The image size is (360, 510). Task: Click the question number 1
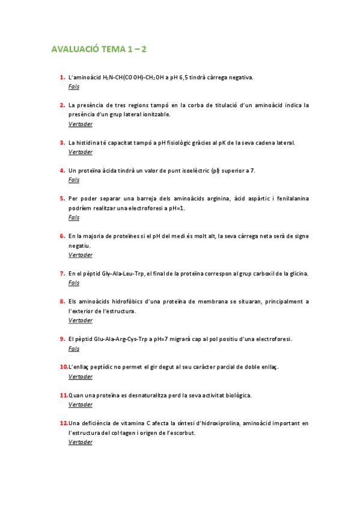(x=63, y=77)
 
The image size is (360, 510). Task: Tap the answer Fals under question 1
(x=74, y=87)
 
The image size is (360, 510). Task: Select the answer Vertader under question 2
(x=81, y=124)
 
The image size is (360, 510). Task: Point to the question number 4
(x=63, y=170)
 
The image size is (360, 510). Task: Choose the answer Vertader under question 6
(x=81, y=255)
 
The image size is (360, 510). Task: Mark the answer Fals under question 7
(x=74, y=283)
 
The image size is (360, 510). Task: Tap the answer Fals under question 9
(x=74, y=349)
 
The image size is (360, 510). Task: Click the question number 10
(x=63, y=367)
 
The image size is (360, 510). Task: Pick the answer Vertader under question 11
(x=81, y=405)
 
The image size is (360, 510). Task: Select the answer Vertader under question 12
(x=81, y=442)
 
